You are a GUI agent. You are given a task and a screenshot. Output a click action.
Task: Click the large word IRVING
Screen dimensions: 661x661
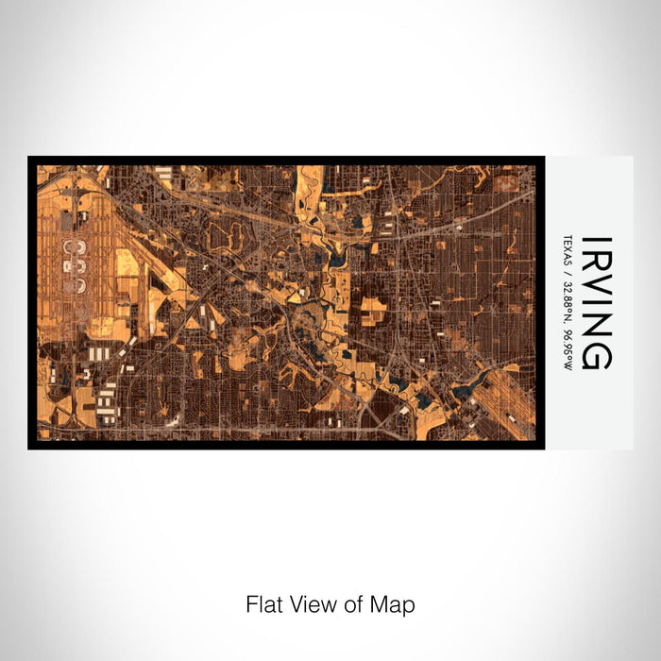click(x=597, y=302)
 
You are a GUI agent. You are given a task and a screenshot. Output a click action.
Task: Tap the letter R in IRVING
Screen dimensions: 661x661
click(x=597, y=263)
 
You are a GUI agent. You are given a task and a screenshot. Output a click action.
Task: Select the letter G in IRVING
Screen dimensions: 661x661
click(x=597, y=354)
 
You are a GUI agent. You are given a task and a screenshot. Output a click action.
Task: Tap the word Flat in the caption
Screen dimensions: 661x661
click(x=263, y=603)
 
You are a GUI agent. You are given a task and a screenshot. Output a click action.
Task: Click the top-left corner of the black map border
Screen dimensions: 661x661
click(x=30, y=158)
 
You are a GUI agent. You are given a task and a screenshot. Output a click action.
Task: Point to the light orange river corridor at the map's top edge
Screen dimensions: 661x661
click(x=308, y=184)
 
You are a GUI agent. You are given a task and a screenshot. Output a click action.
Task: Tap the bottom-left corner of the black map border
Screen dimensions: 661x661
click(x=30, y=447)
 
